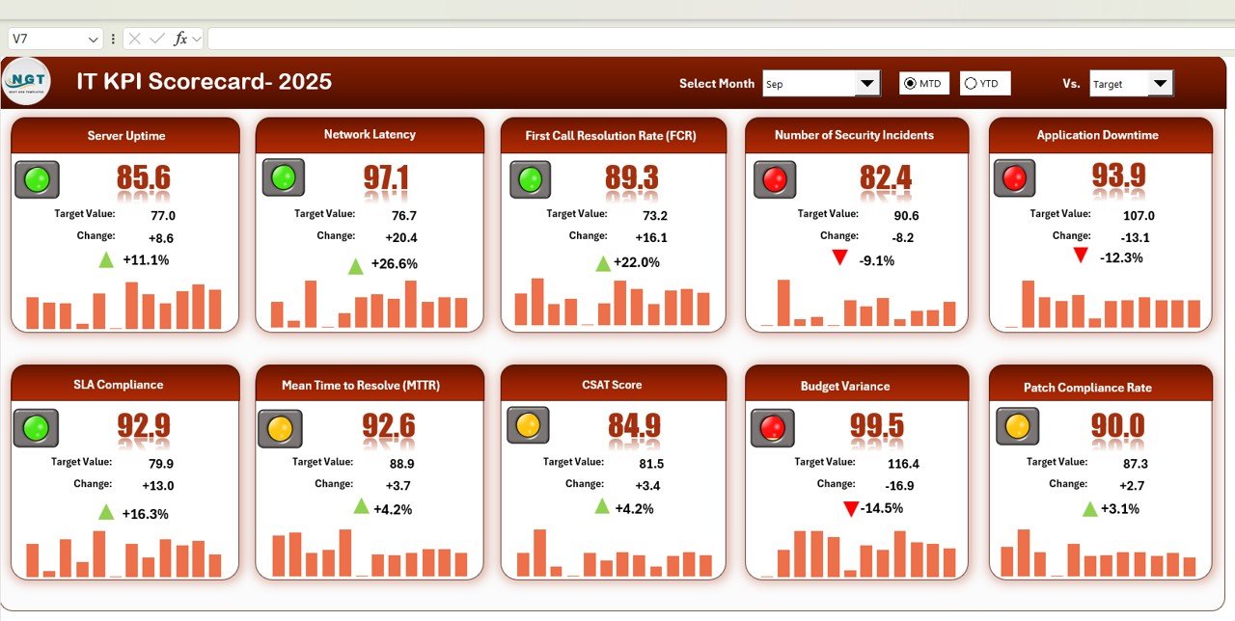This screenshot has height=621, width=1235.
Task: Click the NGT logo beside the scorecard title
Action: point(26,82)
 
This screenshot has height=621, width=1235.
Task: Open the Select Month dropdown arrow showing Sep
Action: point(867,84)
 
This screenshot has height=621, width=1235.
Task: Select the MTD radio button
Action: point(910,84)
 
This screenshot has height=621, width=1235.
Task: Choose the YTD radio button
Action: point(971,84)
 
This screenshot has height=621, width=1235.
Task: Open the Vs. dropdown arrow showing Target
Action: point(1160,84)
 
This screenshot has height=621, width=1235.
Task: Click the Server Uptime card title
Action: point(125,136)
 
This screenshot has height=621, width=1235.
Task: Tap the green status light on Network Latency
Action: point(284,177)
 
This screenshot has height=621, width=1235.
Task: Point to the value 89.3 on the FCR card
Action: point(631,177)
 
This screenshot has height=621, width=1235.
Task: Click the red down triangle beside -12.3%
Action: point(1081,256)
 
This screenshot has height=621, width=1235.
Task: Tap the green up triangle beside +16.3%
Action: point(106,512)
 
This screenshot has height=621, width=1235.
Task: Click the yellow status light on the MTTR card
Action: point(280,428)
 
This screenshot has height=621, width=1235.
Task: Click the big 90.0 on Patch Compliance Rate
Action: point(1117,425)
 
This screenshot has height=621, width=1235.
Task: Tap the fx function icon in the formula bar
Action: point(180,39)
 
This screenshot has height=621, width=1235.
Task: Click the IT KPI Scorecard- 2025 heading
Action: point(204,82)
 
